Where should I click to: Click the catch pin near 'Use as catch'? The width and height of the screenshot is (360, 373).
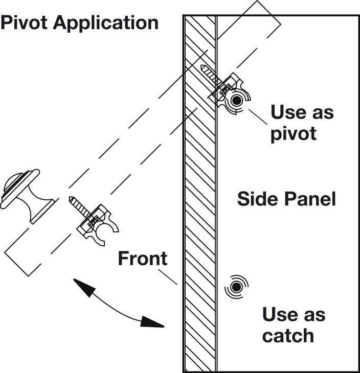[x=236, y=288]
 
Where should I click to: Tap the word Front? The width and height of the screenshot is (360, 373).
[x=142, y=259]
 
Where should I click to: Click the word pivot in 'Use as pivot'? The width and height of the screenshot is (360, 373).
[x=294, y=134]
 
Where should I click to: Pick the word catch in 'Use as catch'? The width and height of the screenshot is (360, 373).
[x=287, y=336]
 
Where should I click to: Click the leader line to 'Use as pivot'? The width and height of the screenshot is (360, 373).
[x=258, y=117]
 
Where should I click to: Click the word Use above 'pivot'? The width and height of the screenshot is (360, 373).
[x=286, y=112]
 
